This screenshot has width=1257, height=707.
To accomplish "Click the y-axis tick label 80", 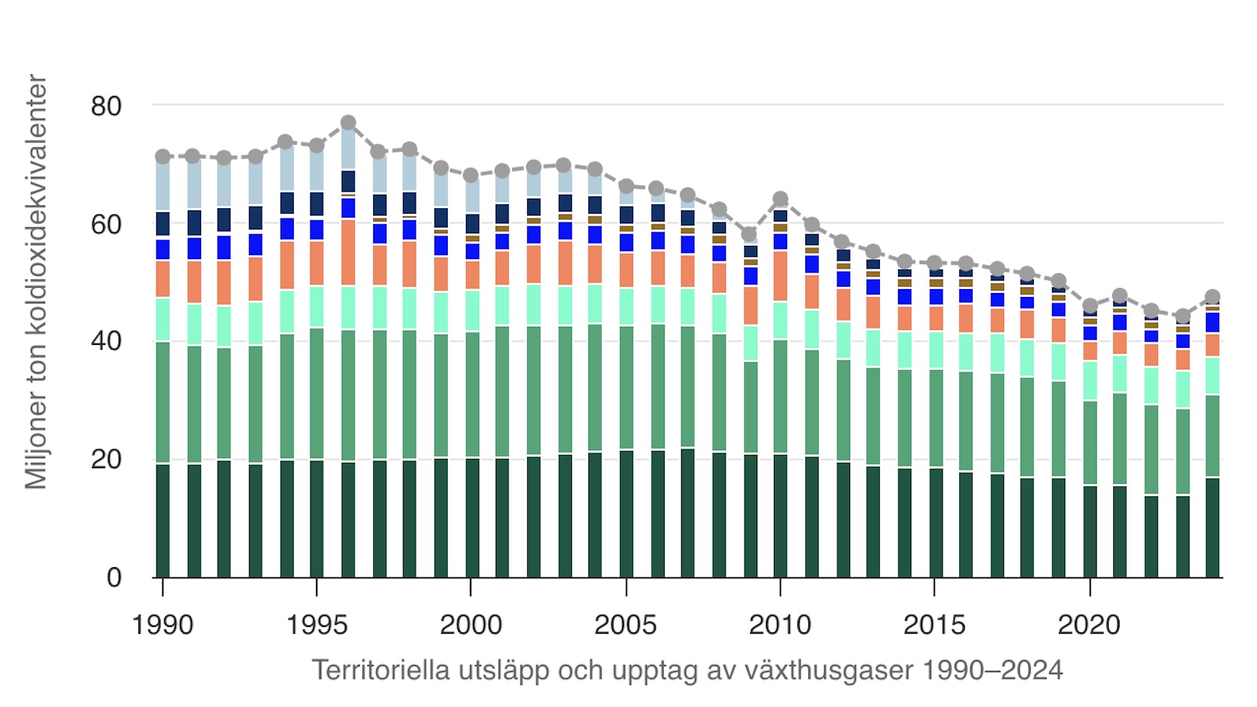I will pyautogui.click(x=106, y=106).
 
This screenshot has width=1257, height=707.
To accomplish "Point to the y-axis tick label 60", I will pyautogui.click(x=106, y=224).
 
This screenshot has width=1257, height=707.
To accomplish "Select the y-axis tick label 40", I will pyautogui.click(x=106, y=342).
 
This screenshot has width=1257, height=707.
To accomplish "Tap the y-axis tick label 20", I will pyautogui.click(x=106, y=460).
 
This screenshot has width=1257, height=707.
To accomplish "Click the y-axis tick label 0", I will pyautogui.click(x=114, y=578).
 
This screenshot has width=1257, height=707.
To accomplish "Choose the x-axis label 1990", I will pyautogui.click(x=163, y=625).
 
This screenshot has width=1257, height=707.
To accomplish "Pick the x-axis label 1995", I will pyautogui.click(x=317, y=625).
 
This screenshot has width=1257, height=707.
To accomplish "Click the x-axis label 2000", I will pyautogui.click(x=471, y=625).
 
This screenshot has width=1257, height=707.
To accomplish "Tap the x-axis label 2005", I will pyautogui.click(x=625, y=625).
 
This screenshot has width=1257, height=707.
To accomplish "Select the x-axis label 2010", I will pyautogui.click(x=780, y=625).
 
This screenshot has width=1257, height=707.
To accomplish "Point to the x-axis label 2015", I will pyautogui.click(x=934, y=625).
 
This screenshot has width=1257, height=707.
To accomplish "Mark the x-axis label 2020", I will pyautogui.click(x=1089, y=625).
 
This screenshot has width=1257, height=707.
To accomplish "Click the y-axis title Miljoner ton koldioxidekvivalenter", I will pyautogui.click(x=36, y=281).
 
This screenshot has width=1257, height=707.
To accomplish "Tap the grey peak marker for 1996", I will pyautogui.click(x=348, y=123).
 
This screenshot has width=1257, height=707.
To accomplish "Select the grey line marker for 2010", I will pyautogui.click(x=780, y=200).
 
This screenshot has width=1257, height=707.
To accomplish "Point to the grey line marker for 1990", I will pyautogui.click(x=163, y=156).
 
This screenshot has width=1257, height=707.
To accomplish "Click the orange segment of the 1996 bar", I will pyautogui.click(x=348, y=252).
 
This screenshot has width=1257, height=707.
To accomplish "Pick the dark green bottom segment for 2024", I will pyautogui.click(x=1212, y=527).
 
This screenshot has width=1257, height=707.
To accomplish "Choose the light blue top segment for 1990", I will pyautogui.click(x=163, y=185).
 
